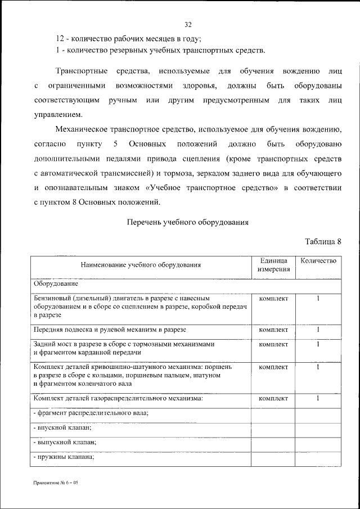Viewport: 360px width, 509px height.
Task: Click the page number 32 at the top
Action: click(x=188, y=24)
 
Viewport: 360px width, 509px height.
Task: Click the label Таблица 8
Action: click(x=323, y=242)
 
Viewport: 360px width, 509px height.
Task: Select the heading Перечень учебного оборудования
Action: click(x=188, y=222)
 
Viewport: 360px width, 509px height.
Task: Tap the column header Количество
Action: click(x=318, y=261)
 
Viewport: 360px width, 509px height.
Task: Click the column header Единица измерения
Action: click(x=274, y=265)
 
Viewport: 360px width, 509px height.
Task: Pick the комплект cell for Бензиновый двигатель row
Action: click(x=273, y=298)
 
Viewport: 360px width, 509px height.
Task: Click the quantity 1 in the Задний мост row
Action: click(x=318, y=344)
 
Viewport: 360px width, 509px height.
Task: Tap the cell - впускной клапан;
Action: click(x=62, y=428)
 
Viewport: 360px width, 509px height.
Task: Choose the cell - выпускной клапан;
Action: click(x=64, y=442)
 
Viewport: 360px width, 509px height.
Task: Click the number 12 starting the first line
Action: click(x=60, y=39)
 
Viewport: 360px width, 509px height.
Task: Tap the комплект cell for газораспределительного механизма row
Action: click(x=273, y=399)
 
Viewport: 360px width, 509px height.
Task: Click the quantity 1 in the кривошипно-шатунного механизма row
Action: click(x=318, y=367)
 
